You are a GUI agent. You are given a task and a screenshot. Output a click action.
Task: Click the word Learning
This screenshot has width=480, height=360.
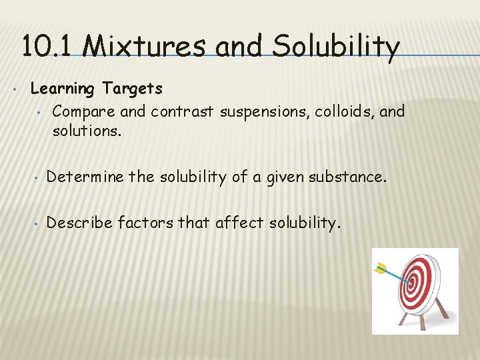click(x=63, y=89)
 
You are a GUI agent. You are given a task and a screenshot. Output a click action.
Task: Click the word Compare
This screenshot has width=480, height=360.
click(x=80, y=111)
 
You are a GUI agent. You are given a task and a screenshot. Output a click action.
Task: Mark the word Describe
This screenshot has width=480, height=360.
click(x=79, y=222)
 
